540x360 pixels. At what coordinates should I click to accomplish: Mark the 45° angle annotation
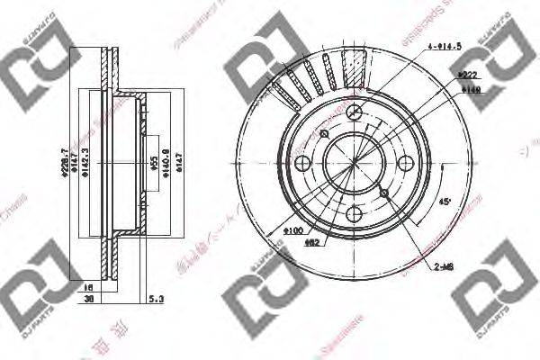[x=445, y=202]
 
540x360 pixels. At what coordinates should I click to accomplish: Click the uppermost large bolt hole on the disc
[x=355, y=112]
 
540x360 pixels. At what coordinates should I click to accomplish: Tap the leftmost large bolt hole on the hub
[x=302, y=163]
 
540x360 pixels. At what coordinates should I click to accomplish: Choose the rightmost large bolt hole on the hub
[x=406, y=163]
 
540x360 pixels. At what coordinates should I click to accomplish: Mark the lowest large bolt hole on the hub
[x=355, y=214]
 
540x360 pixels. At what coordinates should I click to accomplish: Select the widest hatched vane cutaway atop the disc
[x=355, y=67]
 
